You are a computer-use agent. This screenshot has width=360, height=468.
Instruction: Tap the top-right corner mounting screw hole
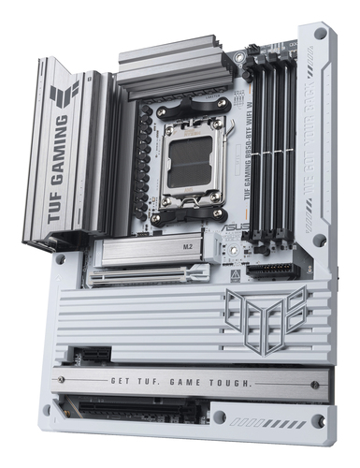(x=321, y=35)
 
